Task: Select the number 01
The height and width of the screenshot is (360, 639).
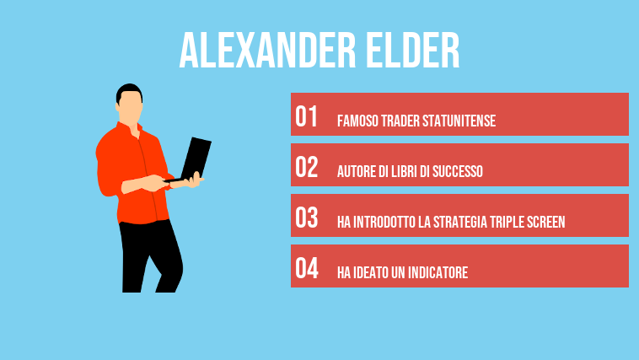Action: [306, 117]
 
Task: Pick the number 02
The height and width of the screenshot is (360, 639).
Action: [307, 168]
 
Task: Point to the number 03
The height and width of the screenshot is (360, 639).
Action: [307, 218]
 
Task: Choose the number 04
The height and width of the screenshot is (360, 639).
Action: [307, 269]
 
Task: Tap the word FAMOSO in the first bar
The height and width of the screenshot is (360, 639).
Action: [357, 121]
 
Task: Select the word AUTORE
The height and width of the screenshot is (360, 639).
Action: [357, 171]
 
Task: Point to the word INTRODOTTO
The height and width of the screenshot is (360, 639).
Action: [388, 222]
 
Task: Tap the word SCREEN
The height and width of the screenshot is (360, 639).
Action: [544, 222]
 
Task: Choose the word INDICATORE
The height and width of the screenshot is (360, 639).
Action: [434, 272]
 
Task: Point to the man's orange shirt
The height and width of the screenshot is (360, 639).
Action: [126, 169]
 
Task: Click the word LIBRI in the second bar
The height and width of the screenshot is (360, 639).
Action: [408, 171]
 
